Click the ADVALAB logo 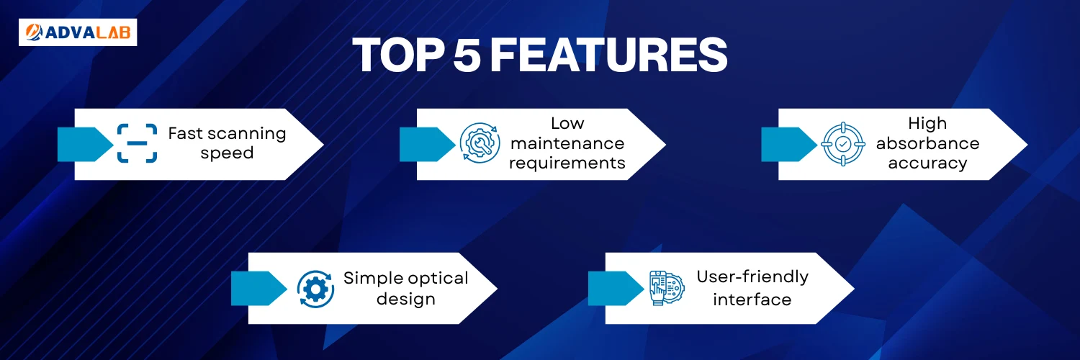tap(78, 32)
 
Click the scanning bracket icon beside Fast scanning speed tap(137, 143)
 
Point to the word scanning tap(247, 134)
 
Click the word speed tap(227, 153)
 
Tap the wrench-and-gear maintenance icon tap(480, 143)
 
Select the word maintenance tap(567, 143)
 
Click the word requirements tap(567, 163)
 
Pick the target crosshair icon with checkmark tap(843, 143)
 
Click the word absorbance tap(927, 143)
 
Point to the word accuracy tap(927, 163)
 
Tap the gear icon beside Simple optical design tap(315, 289)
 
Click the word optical tap(437, 279)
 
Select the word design tap(406, 299)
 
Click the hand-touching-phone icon tap(666, 288)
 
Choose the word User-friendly tap(752, 277)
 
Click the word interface tap(752, 300)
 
